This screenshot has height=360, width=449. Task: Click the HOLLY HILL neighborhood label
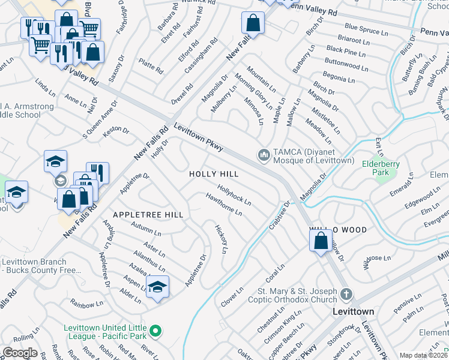214,174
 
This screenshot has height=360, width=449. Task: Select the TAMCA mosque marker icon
263,155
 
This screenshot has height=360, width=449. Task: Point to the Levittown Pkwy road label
199,137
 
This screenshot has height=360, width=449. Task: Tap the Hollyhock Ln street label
234,194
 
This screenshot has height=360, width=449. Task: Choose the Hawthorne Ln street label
223,204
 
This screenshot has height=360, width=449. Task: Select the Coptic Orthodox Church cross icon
345,294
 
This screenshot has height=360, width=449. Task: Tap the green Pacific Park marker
155,330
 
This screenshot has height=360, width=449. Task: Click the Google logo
20,353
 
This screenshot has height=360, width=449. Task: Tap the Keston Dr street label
116,129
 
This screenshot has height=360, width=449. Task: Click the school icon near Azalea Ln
157,287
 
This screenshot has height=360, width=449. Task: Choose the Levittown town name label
354,312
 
